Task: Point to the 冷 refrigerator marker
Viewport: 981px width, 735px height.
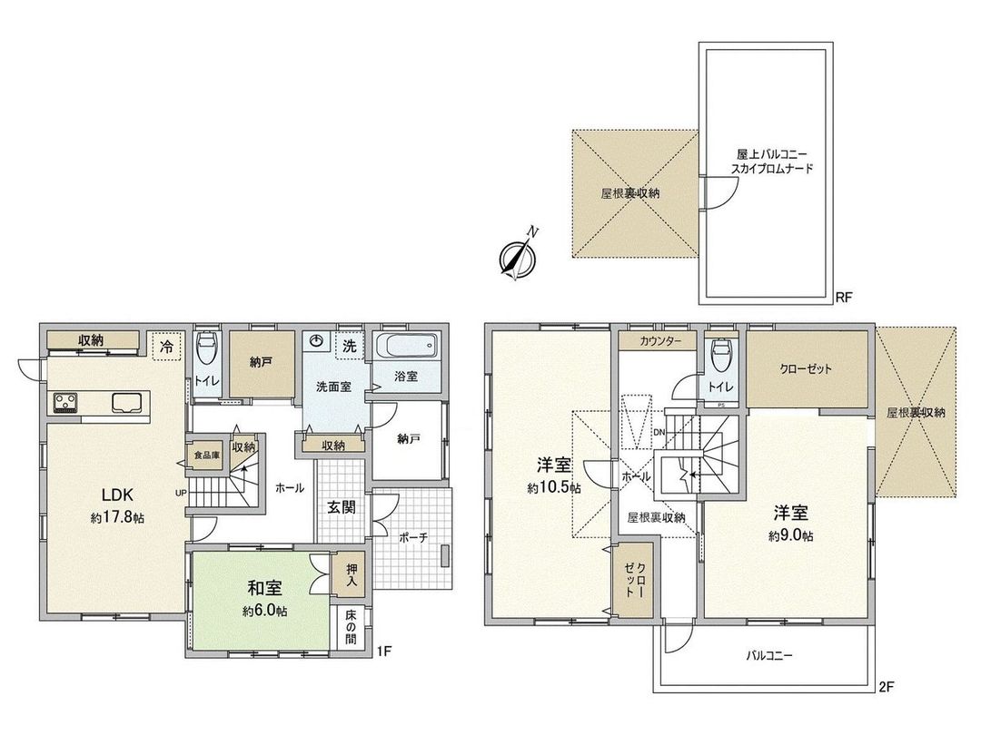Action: point(166,346)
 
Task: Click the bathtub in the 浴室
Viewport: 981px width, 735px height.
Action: point(406,348)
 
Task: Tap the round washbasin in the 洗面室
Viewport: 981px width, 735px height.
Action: point(317,342)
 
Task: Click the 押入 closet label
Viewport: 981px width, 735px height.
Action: point(349,573)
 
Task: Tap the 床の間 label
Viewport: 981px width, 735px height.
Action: point(350,627)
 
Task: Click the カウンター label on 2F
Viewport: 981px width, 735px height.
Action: point(658,342)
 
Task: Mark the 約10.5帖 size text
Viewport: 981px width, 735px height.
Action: point(553,487)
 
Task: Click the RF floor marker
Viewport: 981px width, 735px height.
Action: point(844,297)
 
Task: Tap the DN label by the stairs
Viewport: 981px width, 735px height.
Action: point(659,432)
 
